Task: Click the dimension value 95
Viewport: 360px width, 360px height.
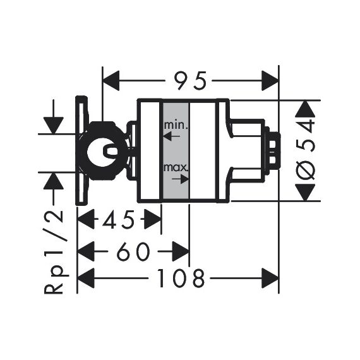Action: tap(190, 81)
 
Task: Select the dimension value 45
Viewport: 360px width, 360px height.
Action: tap(119, 219)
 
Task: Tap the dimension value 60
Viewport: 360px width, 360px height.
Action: tap(133, 251)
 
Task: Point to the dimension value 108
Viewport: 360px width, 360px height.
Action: tap(180, 279)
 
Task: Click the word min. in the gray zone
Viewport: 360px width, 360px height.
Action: tap(176, 125)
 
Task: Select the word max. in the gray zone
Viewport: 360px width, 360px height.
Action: tap(176, 168)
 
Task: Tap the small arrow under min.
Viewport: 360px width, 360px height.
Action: tap(172, 136)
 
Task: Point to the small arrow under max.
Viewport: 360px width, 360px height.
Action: tap(180, 179)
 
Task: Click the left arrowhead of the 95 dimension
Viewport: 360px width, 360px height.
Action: tap(111, 81)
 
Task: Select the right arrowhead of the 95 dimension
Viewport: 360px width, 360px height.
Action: tap(270, 81)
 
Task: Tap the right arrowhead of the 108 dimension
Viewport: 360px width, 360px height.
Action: tap(270, 279)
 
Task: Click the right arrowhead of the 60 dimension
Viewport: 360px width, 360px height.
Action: tap(181, 251)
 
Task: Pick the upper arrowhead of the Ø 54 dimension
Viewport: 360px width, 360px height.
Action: tap(306, 109)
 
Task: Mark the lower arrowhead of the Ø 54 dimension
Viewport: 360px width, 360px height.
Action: tap(306, 192)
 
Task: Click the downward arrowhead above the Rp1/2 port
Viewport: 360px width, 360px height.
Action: tap(54, 125)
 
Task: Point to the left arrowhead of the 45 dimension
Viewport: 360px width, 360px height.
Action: tap(87, 219)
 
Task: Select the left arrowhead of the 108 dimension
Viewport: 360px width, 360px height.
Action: tap(87, 279)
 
